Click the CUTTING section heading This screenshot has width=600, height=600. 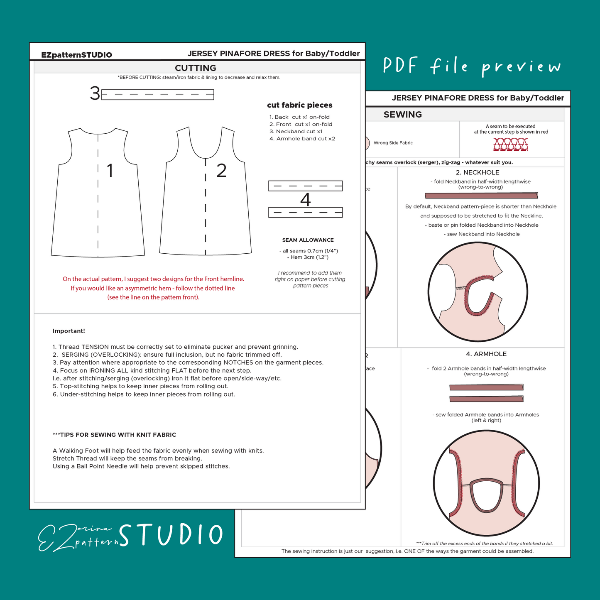coord(196,68)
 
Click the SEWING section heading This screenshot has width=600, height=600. coord(402,115)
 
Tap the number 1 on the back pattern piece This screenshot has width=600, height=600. coord(110,171)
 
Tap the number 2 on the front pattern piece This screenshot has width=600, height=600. coord(221,171)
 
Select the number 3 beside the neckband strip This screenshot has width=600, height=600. coord(95,94)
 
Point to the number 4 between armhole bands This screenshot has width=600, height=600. coord(306,200)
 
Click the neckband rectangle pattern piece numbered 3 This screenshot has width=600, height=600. coord(158,95)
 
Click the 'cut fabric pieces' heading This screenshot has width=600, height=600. coord(299,105)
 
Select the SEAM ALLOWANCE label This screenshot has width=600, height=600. coord(308,240)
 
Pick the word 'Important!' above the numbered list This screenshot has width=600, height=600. coord(69,331)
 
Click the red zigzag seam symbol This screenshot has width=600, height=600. coord(511,145)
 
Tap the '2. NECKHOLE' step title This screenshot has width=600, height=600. coord(478,172)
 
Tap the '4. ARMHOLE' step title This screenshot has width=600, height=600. coord(486,354)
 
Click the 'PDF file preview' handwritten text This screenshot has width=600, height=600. coord(472,67)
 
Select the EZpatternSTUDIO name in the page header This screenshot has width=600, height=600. coord(76,55)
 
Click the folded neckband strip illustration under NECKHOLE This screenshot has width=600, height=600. coord(481,196)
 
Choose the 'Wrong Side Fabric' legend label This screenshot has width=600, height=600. coord(393,143)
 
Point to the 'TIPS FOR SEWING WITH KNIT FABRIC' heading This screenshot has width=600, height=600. coord(115,435)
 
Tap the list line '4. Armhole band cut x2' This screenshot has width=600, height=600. coord(302,139)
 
